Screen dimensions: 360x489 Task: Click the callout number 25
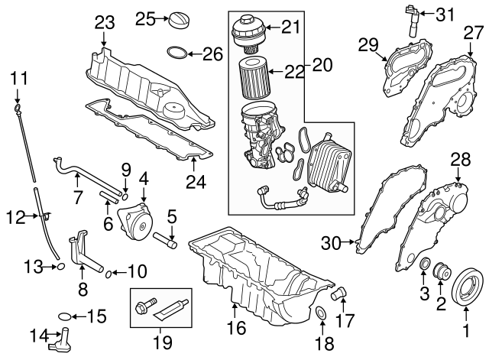tap(144, 18)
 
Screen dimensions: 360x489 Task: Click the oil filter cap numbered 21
tap(251, 30)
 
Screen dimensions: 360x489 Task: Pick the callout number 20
tap(322, 65)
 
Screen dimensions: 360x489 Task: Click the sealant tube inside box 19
tap(170, 309)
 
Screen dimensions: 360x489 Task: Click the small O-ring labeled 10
tap(109, 271)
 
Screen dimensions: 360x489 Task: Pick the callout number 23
tap(104, 24)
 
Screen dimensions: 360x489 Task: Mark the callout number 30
tap(330, 244)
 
